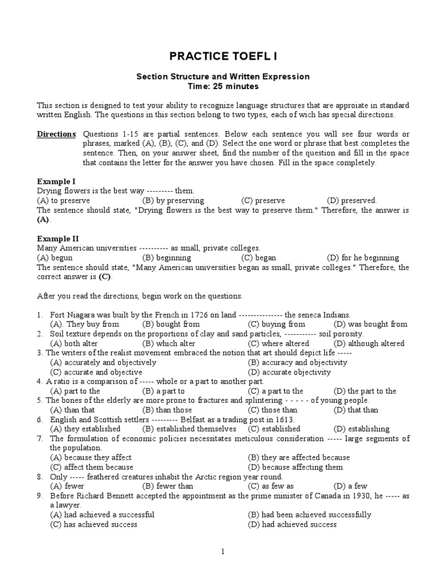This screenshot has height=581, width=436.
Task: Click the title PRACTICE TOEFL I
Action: pos(223,56)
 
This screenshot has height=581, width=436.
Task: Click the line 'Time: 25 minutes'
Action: pos(223,87)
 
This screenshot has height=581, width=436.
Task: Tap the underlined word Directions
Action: pos(56,134)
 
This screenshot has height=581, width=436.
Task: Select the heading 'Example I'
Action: pos(56,181)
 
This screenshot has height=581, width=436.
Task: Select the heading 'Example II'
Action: pos(57,238)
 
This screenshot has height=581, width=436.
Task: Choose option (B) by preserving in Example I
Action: pos(173,200)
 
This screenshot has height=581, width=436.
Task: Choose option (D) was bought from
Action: pos(370,324)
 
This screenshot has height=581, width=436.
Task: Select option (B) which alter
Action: pos(169,343)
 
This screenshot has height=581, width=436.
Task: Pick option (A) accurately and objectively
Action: pos(103,362)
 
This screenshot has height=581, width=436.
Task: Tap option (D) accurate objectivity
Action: pos(290,372)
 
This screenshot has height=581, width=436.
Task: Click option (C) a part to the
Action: pos(275,391)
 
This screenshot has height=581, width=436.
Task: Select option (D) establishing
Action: pos(362,429)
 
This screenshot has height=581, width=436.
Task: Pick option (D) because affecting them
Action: pos(295,467)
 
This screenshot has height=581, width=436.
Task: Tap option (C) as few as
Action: pos(271,486)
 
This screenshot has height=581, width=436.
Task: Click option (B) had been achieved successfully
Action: pos(309,515)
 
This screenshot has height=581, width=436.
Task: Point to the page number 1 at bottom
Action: pos(223,551)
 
